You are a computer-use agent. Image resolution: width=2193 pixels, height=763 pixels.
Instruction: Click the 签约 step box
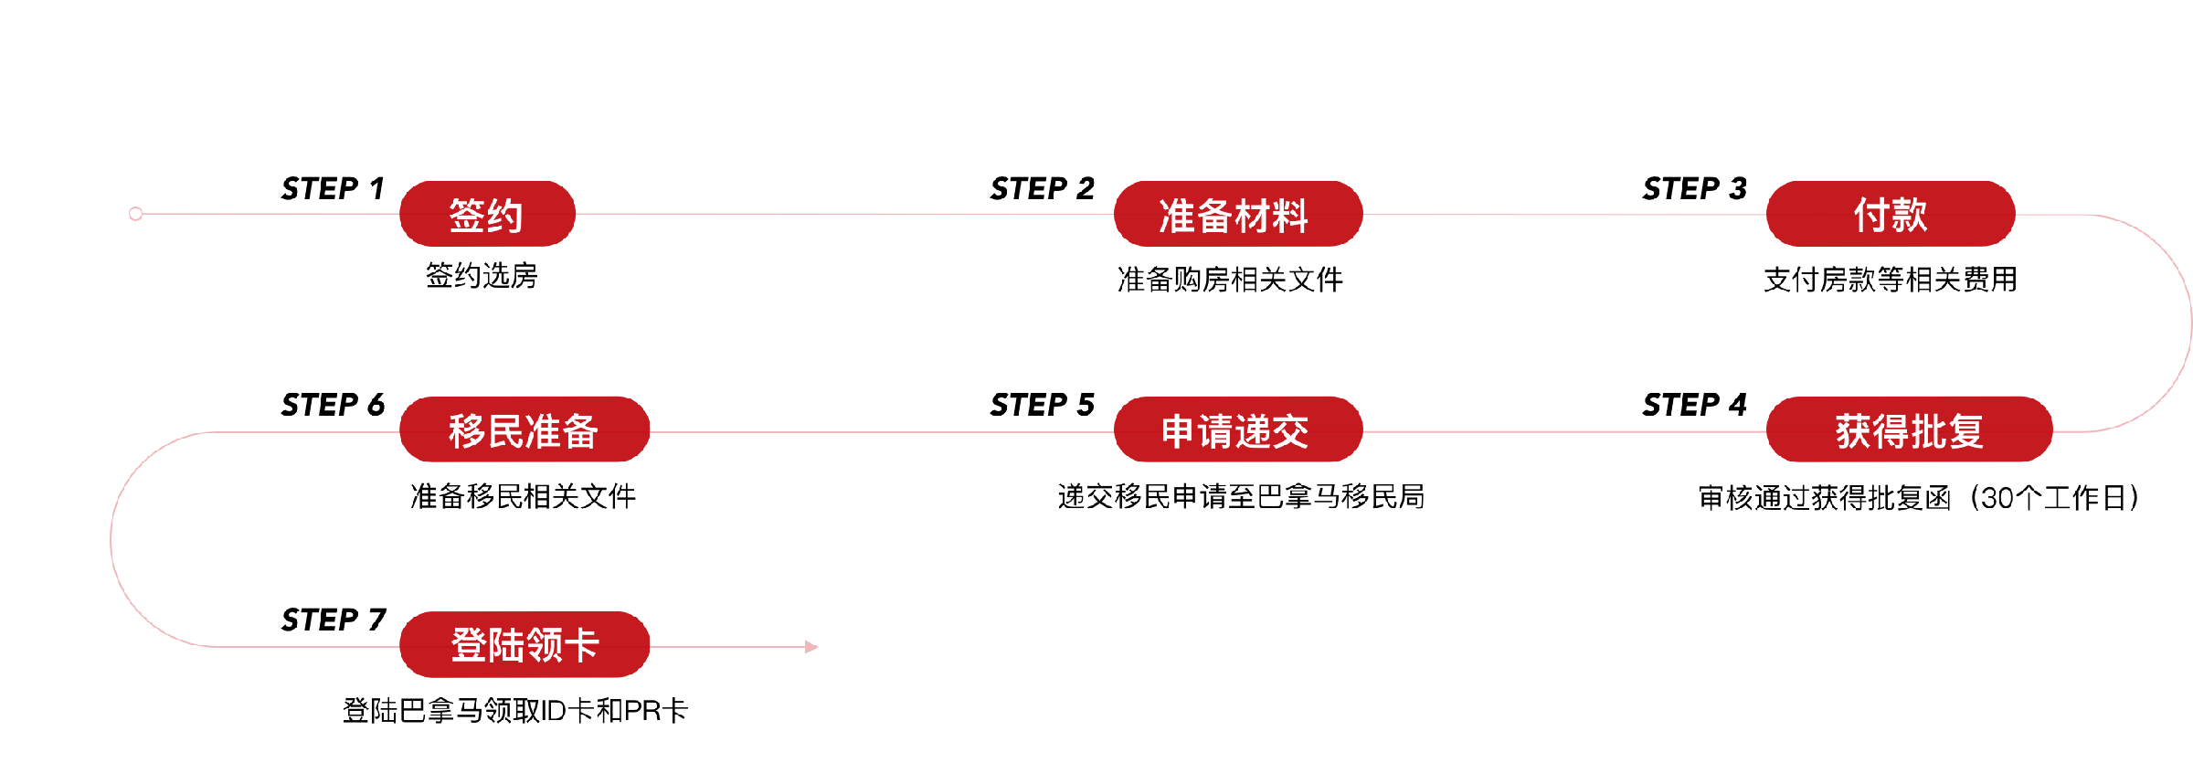(487, 214)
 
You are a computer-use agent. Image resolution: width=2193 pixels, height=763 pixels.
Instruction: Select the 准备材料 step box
(1237, 214)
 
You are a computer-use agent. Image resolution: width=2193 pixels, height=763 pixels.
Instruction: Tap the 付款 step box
(1890, 214)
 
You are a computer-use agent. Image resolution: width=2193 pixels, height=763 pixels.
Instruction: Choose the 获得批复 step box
(1909, 429)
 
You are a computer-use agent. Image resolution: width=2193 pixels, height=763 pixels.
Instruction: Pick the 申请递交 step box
(1237, 429)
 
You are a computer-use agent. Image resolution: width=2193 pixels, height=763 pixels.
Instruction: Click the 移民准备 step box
(524, 429)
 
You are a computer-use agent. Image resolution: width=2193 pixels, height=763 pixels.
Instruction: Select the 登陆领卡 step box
(524, 645)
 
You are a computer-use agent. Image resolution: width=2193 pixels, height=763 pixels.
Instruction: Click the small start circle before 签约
(136, 214)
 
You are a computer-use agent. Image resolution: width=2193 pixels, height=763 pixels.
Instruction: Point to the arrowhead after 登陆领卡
(811, 647)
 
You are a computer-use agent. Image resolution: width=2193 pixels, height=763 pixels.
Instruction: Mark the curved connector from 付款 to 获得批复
(2189, 323)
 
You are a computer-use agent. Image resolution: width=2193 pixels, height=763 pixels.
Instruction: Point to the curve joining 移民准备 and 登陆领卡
(111, 539)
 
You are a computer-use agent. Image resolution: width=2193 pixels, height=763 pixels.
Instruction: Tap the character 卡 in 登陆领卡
(581, 645)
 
